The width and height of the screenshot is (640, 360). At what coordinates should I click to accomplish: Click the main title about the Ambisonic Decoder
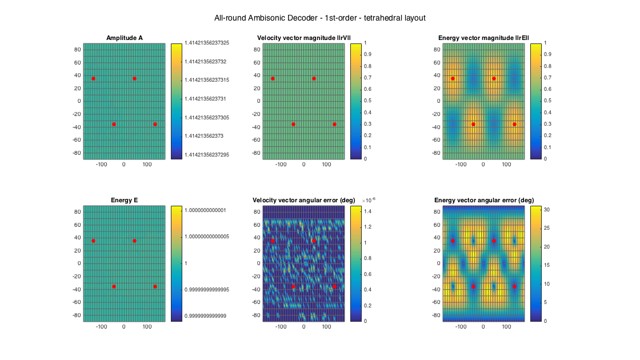[x=319, y=18]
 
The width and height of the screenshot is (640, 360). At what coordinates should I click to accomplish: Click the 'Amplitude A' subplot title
[x=125, y=38]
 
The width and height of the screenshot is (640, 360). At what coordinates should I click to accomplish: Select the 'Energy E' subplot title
[x=124, y=200]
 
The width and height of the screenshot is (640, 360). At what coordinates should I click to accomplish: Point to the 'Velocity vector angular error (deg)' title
[x=303, y=200]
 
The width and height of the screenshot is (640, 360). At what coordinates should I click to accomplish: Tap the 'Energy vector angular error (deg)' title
[x=483, y=200]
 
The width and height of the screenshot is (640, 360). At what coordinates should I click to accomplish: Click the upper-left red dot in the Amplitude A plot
[x=93, y=78]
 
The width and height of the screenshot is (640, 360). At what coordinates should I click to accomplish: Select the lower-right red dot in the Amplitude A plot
[x=155, y=124]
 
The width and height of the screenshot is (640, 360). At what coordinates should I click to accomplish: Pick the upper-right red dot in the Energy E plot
[x=134, y=241]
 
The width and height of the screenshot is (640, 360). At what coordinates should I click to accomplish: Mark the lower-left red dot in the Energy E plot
[x=114, y=286]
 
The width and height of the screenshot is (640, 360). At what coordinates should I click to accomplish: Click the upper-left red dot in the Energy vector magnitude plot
[x=453, y=78]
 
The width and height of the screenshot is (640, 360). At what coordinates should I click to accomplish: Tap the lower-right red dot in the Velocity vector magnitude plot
[x=334, y=124]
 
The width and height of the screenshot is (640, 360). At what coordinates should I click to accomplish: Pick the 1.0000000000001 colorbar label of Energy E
[x=206, y=210]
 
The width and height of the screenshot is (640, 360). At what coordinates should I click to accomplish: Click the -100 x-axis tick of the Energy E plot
[x=102, y=327]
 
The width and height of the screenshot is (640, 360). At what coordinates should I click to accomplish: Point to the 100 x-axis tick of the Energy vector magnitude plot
[x=506, y=165]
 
